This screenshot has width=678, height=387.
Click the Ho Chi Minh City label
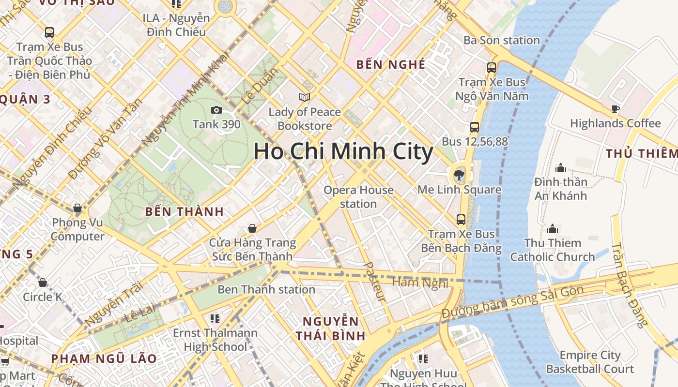click(x=343, y=151)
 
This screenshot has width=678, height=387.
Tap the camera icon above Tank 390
click(x=216, y=110)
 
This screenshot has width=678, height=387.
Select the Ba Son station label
click(x=501, y=40)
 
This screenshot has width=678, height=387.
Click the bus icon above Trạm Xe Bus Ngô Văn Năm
click(x=492, y=68)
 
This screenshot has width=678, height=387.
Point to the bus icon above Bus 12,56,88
click(x=475, y=127)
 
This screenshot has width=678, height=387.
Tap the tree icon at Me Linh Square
click(x=459, y=175)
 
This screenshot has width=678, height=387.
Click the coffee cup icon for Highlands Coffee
click(x=615, y=109)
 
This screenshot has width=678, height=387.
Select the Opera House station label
click(x=358, y=197)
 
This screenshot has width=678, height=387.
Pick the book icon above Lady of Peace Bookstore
click(x=305, y=98)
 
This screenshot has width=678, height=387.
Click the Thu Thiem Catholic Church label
click(x=553, y=250)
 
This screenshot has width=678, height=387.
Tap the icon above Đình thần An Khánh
click(x=561, y=168)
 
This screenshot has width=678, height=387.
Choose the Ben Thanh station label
click(x=266, y=289)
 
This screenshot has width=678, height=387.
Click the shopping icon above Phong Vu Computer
click(x=77, y=208)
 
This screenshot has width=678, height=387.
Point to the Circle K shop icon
click(x=43, y=283)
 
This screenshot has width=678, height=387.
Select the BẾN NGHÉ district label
click(x=390, y=64)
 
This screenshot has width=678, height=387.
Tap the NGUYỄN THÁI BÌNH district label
click(x=331, y=328)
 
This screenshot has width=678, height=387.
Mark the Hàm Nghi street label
click(x=420, y=283)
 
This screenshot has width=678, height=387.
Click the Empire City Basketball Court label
click(x=590, y=362)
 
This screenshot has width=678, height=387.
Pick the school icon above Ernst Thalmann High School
click(x=215, y=319)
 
